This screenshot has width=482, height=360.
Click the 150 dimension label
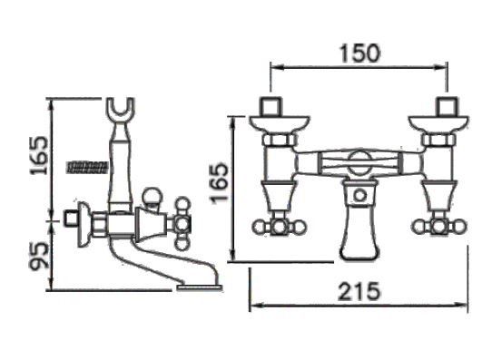tap(359, 54)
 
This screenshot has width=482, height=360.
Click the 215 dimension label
tap(359, 291)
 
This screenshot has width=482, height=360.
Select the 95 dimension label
tap(39, 256)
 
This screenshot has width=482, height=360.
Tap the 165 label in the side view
tap(39, 155)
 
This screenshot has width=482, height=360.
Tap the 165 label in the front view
tap(220, 183)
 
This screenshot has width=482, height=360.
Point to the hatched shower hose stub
tap(88, 167)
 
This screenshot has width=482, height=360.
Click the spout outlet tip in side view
tap(199, 287)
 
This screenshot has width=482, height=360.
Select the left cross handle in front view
tap(279, 228)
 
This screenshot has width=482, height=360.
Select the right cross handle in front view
tap(439, 228)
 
